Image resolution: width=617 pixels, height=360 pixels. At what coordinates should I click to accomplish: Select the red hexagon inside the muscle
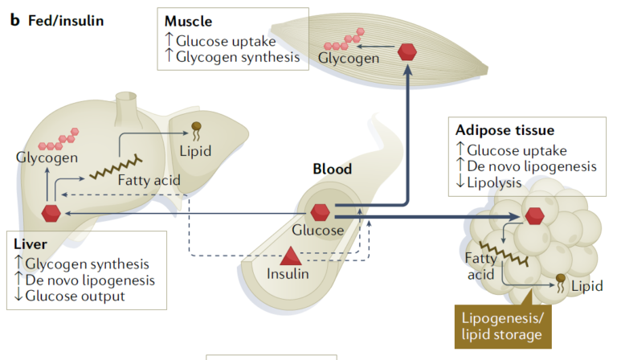[x=408, y=52]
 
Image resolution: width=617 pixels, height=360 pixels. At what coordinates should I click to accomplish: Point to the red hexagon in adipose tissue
[x=533, y=215]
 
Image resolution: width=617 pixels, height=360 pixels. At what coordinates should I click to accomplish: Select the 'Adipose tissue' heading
[x=505, y=130]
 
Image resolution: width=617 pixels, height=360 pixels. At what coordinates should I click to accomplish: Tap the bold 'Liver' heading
[x=31, y=245]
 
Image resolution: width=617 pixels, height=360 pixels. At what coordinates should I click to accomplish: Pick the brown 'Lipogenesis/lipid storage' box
[x=503, y=326]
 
